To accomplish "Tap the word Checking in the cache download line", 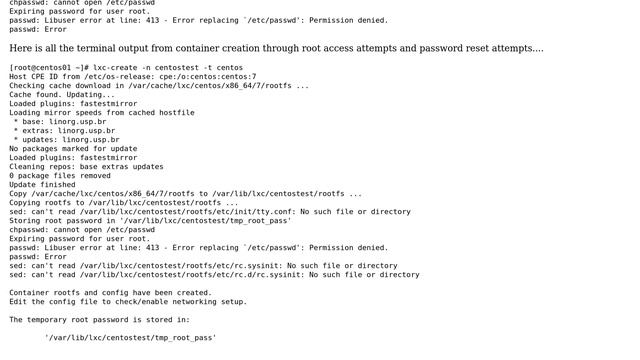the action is [27, 85].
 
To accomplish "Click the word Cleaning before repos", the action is [27, 166].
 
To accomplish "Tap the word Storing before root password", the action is [25, 220].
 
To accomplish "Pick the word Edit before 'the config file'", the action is [18, 301].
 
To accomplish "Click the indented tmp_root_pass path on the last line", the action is [130, 337].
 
